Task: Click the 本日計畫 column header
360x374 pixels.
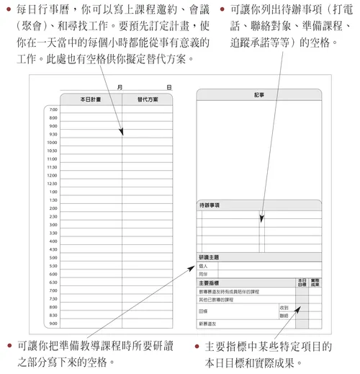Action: (91, 99)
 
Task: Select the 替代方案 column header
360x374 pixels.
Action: (148, 99)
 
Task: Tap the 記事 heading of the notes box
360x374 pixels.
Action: (259, 94)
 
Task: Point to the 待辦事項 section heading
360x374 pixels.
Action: (210, 205)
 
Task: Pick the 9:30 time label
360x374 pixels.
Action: (53, 134)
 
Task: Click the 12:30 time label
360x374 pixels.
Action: (52, 183)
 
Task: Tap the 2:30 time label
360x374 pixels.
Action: (53, 216)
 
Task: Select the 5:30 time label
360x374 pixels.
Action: (53, 266)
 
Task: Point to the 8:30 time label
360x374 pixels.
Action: (53, 315)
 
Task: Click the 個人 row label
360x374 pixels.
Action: (203, 266)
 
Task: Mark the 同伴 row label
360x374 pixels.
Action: (203, 274)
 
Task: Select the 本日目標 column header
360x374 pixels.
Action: (302, 282)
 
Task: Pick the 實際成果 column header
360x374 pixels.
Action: (315, 282)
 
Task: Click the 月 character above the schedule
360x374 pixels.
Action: (118, 86)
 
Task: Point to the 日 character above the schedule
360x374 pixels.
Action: (168, 86)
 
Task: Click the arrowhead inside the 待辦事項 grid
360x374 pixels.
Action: (263, 217)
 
